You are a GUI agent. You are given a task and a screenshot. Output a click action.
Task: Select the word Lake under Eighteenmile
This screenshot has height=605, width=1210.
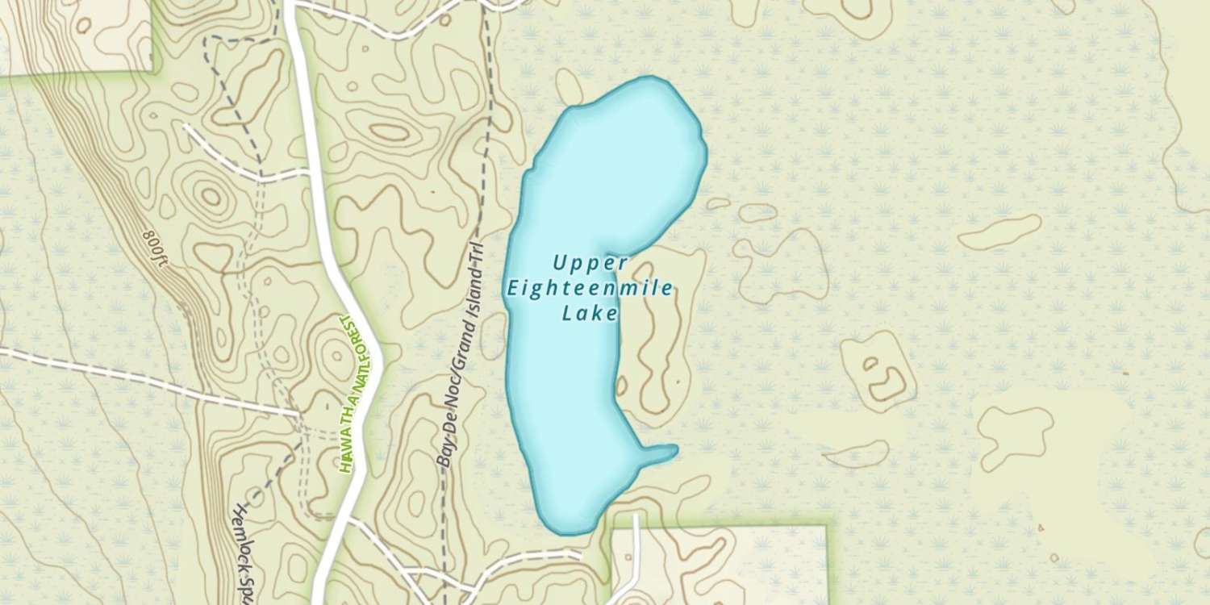pos(590,313)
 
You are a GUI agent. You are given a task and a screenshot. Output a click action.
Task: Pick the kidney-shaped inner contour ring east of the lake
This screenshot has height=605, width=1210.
pos(883,379)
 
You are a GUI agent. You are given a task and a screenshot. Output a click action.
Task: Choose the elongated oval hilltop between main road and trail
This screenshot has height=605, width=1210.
pos(387,131)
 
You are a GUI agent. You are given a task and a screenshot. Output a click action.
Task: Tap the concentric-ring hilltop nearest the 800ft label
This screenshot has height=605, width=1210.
pos(211,196)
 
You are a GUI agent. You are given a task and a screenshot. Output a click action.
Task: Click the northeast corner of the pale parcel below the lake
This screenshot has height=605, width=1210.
pos(827,527)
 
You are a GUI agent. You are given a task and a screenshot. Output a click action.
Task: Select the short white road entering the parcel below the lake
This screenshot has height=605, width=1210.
pos(636,549)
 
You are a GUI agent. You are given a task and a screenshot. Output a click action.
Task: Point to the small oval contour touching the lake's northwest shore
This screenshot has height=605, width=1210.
pos(570,86)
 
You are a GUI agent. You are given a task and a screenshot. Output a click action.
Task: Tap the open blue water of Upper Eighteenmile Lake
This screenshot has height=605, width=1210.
pos(613,177)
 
